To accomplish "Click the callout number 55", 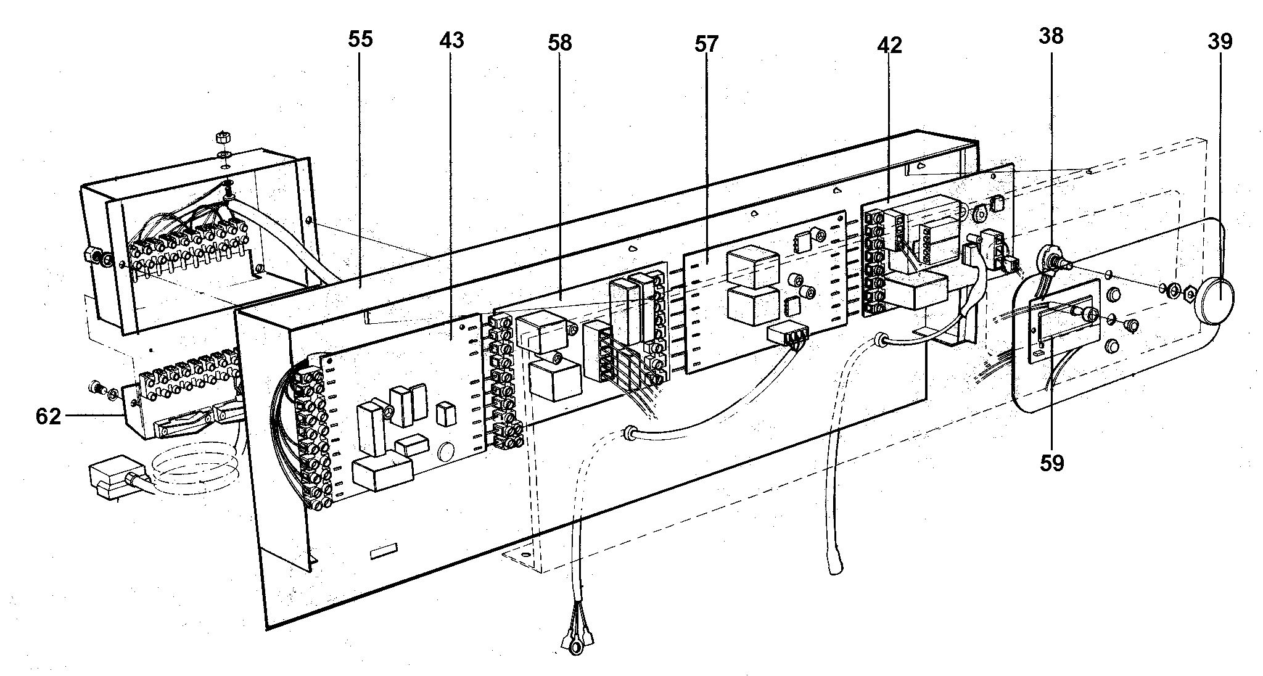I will pyautogui.click(x=360, y=39).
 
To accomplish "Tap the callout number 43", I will pyautogui.click(x=451, y=41).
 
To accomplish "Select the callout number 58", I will pyautogui.click(x=560, y=43).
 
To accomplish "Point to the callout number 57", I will pyautogui.click(x=707, y=44).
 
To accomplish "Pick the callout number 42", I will pyautogui.click(x=889, y=45).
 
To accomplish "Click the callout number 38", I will pyautogui.click(x=1051, y=36).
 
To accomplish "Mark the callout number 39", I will pyautogui.click(x=1220, y=41).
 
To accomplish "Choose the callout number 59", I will pyautogui.click(x=1051, y=463).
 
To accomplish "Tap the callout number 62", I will pyautogui.click(x=48, y=417).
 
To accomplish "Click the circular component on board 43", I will pyautogui.click(x=445, y=455).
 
